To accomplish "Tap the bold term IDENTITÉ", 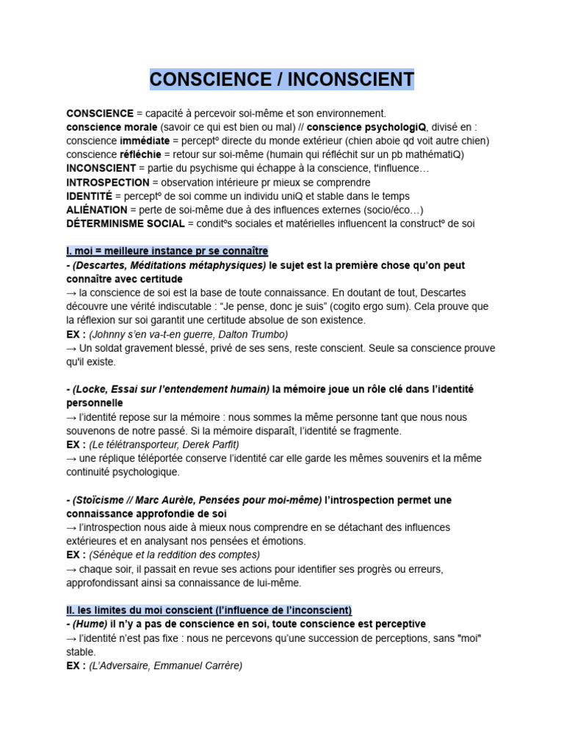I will tap(89, 196).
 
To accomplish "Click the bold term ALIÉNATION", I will tap(96, 209).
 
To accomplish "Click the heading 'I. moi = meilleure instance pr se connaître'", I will tap(167, 251).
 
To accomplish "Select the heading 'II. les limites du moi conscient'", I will tap(209, 610).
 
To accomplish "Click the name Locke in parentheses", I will tap(90, 389).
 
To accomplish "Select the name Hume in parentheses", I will tap(90, 623).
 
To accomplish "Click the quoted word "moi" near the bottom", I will tap(471, 637).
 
